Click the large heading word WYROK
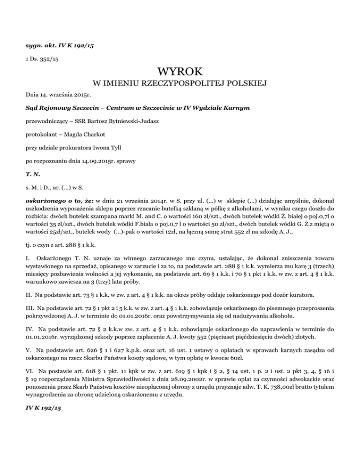pyautogui.click(x=180, y=72)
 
